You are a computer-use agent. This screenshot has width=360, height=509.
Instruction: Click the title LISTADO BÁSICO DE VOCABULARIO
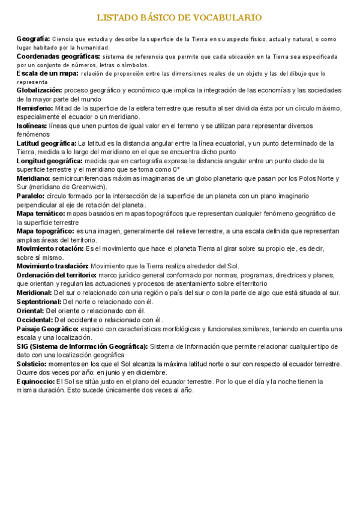[179, 18]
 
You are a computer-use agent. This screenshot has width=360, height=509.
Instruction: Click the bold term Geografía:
[33, 38]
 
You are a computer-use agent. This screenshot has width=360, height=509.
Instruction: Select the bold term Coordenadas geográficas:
[58, 56]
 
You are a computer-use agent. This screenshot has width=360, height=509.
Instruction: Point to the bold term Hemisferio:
[35, 108]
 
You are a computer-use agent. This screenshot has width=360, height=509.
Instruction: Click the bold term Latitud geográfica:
[46, 143]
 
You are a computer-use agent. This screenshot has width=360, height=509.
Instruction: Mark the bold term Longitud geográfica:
[49, 161]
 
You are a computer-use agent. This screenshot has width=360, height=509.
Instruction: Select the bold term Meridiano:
[34, 178]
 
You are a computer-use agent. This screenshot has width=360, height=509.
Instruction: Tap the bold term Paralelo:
[31, 196]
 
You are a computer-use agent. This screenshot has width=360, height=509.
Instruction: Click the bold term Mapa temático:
[41, 213]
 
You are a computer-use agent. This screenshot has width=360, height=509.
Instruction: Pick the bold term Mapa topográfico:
[45, 230]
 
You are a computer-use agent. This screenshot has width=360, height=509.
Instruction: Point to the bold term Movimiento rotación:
[50, 248]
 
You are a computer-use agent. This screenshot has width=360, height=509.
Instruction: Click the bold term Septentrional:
[38, 301]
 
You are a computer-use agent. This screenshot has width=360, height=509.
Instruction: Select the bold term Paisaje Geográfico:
[47, 328]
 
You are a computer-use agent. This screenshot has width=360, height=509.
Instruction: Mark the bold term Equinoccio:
[35, 381]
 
